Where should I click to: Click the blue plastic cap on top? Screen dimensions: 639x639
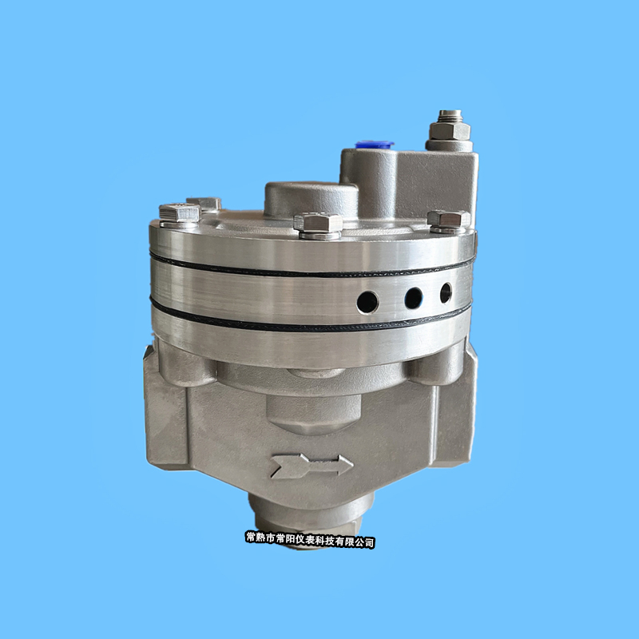pos(374,145)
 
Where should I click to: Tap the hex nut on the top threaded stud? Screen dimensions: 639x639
pos(450,131)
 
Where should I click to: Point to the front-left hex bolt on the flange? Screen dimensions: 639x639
pos(180,213)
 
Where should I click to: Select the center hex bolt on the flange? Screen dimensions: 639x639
pos(318,223)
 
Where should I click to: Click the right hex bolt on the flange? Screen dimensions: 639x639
pos(449,219)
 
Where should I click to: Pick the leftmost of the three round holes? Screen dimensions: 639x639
pos(367,303)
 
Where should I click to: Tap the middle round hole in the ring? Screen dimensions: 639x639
pos(413,298)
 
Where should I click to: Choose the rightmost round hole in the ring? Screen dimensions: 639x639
pos(446,293)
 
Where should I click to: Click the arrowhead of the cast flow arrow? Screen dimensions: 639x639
pos(344,466)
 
